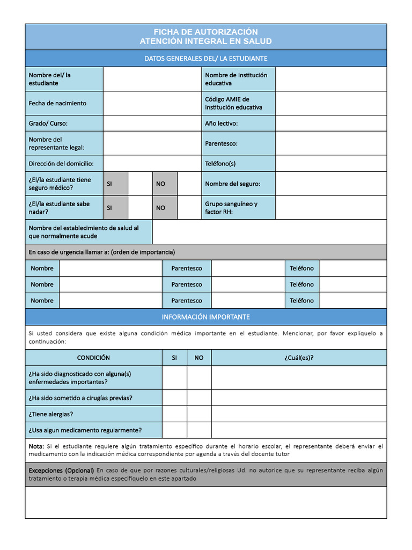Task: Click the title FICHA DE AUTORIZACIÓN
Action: click(x=205, y=32)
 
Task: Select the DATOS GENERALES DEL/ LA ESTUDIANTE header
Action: click(x=205, y=58)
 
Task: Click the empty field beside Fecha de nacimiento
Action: click(x=152, y=103)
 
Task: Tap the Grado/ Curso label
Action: click(x=48, y=124)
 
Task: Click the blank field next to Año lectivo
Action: click(x=330, y=124)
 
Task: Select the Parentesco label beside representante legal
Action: click(x=221, y=143)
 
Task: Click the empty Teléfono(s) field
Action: click(x=330, y=163)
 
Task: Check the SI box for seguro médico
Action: click(x=140, y=184)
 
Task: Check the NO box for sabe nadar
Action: click(x=189, y=208)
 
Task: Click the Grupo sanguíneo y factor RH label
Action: click(x=231, y=208)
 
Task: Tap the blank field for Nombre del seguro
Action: click(x=330, y=184)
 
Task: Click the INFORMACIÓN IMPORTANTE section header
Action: click(x=205, y=317)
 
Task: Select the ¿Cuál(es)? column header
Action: click(x=299, y=358)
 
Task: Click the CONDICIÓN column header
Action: click(x=93, y=358)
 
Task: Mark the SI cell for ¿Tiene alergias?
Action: click(x=174, y=414)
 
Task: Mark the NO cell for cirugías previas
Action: click(x=199, y=398)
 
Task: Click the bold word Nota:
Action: click(x=36, y=446)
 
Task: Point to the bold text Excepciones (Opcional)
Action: click(x=61, y=470)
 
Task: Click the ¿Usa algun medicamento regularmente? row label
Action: click(x=85, y=430)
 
